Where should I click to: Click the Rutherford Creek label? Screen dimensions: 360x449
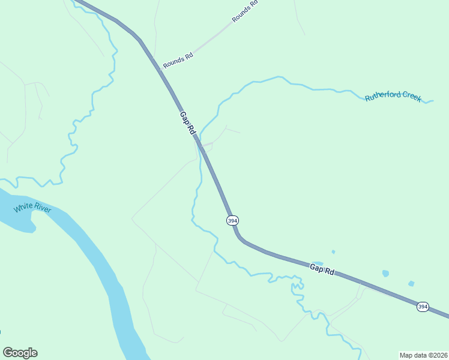[394, 98]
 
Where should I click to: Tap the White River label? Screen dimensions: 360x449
[32, 208]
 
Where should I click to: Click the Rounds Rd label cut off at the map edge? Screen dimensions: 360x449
[245, 11]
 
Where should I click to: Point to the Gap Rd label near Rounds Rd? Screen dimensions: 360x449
[187, 121]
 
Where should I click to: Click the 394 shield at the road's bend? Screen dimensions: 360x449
[232, 220]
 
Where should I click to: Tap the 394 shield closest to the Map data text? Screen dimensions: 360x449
[423, 307]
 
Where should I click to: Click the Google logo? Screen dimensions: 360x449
[20, 353]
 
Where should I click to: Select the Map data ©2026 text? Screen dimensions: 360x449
[424, 355]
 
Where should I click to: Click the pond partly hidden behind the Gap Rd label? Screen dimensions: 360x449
[317, 263]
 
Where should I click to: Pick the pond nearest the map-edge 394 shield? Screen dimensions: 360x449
[411, 283]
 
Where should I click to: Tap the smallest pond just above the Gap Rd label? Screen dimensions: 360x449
[333, 252]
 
